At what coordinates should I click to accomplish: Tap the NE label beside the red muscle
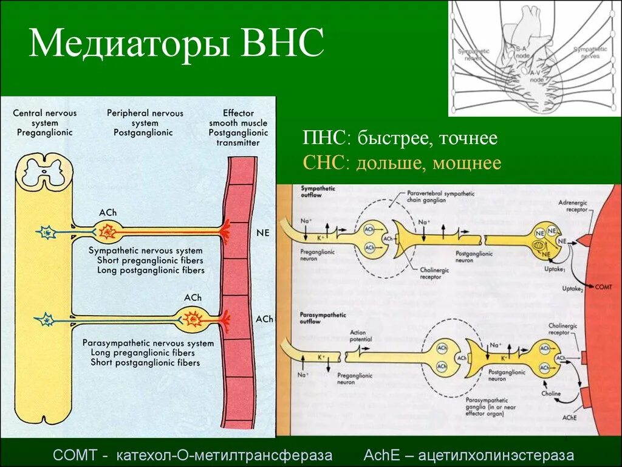tap(264, 232)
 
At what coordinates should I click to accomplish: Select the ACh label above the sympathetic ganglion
tap(108, 213)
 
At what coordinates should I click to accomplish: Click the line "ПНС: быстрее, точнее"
tap(400, 139)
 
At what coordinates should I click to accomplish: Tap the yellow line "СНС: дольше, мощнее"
tap(402, 163)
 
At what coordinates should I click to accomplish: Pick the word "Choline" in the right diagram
tap(551, 393)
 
